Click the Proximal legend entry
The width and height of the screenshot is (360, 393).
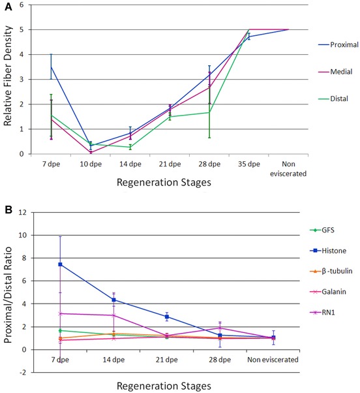(338, 44)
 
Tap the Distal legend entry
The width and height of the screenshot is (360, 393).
(333, 99)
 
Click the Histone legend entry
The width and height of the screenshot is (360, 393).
(328, 251)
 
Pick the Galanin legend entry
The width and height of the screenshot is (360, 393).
(328, 292)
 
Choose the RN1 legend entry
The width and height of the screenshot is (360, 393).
(322, 313)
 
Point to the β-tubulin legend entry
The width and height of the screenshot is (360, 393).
(331, 271)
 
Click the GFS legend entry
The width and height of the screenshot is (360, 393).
(322, 230)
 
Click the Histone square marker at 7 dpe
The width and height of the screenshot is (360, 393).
(60, 264)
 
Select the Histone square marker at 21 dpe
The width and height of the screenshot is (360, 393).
(167, 317)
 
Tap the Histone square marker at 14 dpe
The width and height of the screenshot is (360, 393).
(113, 300)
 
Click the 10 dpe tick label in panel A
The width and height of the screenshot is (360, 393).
(91, 164)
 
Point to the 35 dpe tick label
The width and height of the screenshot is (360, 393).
(249, 164)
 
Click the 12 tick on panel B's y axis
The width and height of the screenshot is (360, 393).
(22, 212)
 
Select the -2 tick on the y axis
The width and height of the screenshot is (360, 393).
(22, 373)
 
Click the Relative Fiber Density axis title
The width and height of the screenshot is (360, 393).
(8, 76)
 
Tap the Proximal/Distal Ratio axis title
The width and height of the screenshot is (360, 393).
(8, 295)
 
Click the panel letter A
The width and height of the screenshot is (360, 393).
(8, 7)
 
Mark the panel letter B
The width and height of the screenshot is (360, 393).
(8, 210)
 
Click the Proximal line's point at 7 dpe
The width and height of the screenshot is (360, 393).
(51, 67)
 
